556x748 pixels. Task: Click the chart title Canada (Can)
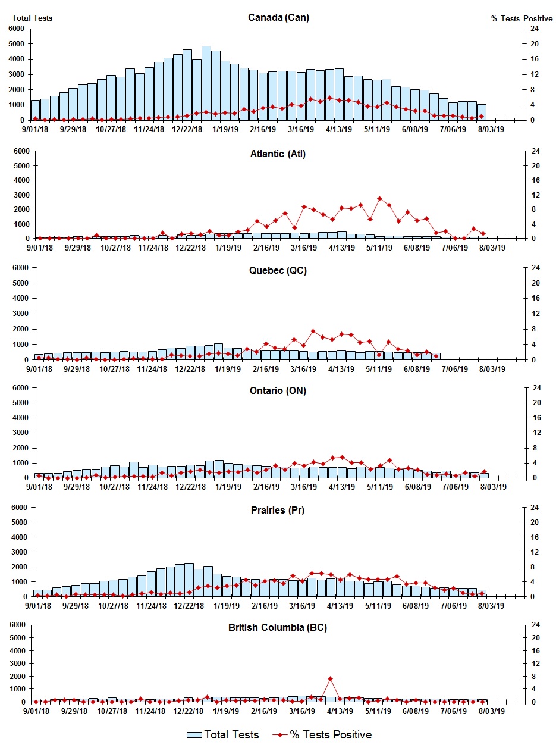click(x=278, y=17)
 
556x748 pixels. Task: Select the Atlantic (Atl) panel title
click(x=278, y=154)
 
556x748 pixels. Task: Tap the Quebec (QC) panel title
click(x=278, y=270)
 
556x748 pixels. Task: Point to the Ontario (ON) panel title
click(x=278, y=390)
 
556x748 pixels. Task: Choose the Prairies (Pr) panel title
click(x=278, y=510)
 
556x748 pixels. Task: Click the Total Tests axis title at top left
click(x=32, y=18)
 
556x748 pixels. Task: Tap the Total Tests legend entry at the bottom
click(x=223, y=735)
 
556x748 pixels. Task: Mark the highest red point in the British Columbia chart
click(x=330, y=678)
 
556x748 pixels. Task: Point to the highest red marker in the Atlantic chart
click(x=379, y=198)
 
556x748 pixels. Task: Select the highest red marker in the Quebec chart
click(x=313, y=331)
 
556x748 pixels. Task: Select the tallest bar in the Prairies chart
click(x=189, y=580)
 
